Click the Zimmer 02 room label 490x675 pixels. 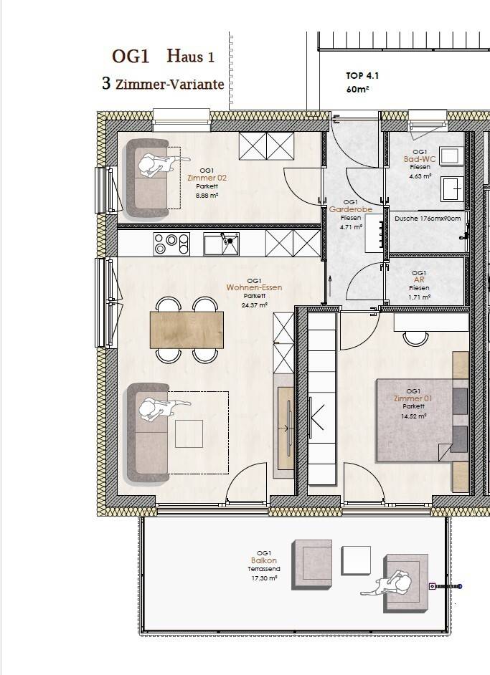[x=207, y=178]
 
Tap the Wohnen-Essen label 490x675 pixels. [x=254, y=287]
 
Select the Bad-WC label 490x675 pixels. [x=420, y=159]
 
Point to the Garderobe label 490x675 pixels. [x=351, y=210]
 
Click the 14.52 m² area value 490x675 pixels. [x=414, y=416]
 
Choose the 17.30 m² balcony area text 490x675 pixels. [x=264, y=578]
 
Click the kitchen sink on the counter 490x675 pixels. [x=222, y=244]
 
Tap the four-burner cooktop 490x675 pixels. [x=171, y=244]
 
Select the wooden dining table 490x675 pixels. [x=187, y=330]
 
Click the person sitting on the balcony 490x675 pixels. [x=389, y=583]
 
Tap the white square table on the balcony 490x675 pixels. [x=356, y=560]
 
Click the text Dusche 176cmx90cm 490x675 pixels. [x=428, y=219]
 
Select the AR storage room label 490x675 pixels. [x=419, y=279]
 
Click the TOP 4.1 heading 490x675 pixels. [x=362, y=76]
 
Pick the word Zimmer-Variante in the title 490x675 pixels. [x=170, y=85]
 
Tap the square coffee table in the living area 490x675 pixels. [x=189, y=434]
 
